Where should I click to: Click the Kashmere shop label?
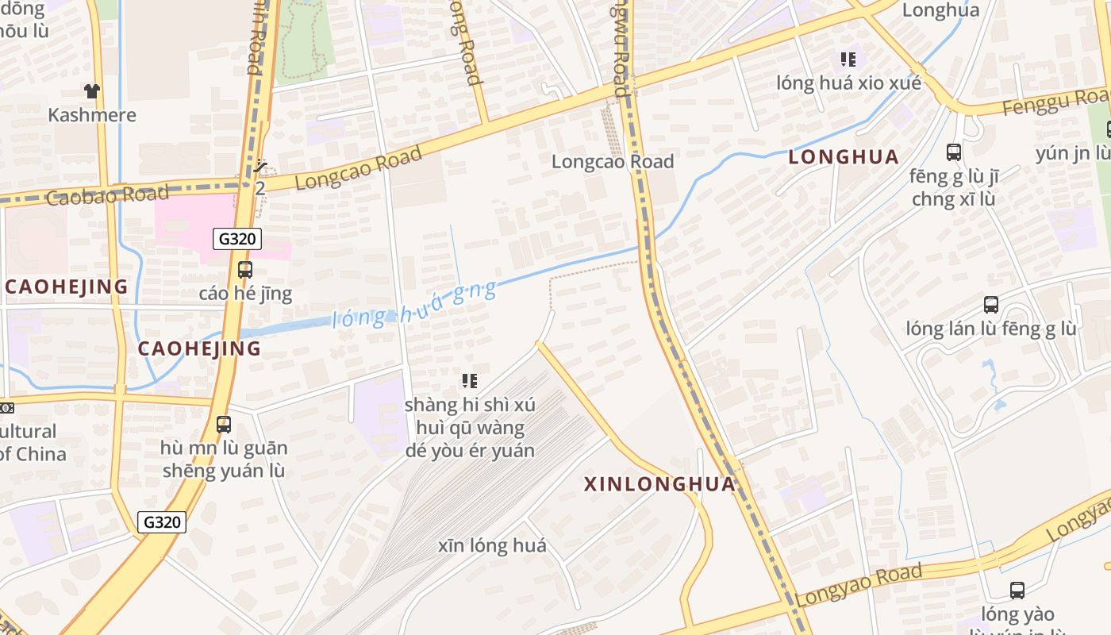[92, 115]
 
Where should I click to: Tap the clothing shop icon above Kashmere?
[92, 91]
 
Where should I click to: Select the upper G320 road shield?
[237, 239]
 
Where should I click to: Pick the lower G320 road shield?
[162, 522]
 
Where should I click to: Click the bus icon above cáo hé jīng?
[245, 270]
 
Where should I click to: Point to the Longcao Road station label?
[613, 162]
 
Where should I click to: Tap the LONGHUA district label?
[844, 157]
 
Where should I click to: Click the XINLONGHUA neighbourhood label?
[660, 483]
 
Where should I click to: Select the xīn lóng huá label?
[492, 546]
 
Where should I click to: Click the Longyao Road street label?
[859, 585]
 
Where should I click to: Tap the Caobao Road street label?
[108, 194]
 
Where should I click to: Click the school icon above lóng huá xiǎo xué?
[848, 60]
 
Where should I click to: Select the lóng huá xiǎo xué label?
[848, 83]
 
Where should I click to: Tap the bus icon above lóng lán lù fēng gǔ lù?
[991, 305]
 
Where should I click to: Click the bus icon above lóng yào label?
[1017, 591]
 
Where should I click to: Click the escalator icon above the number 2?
[260, 167]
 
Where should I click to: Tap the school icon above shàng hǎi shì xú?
[470, 381]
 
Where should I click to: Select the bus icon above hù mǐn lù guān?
[224, 425]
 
